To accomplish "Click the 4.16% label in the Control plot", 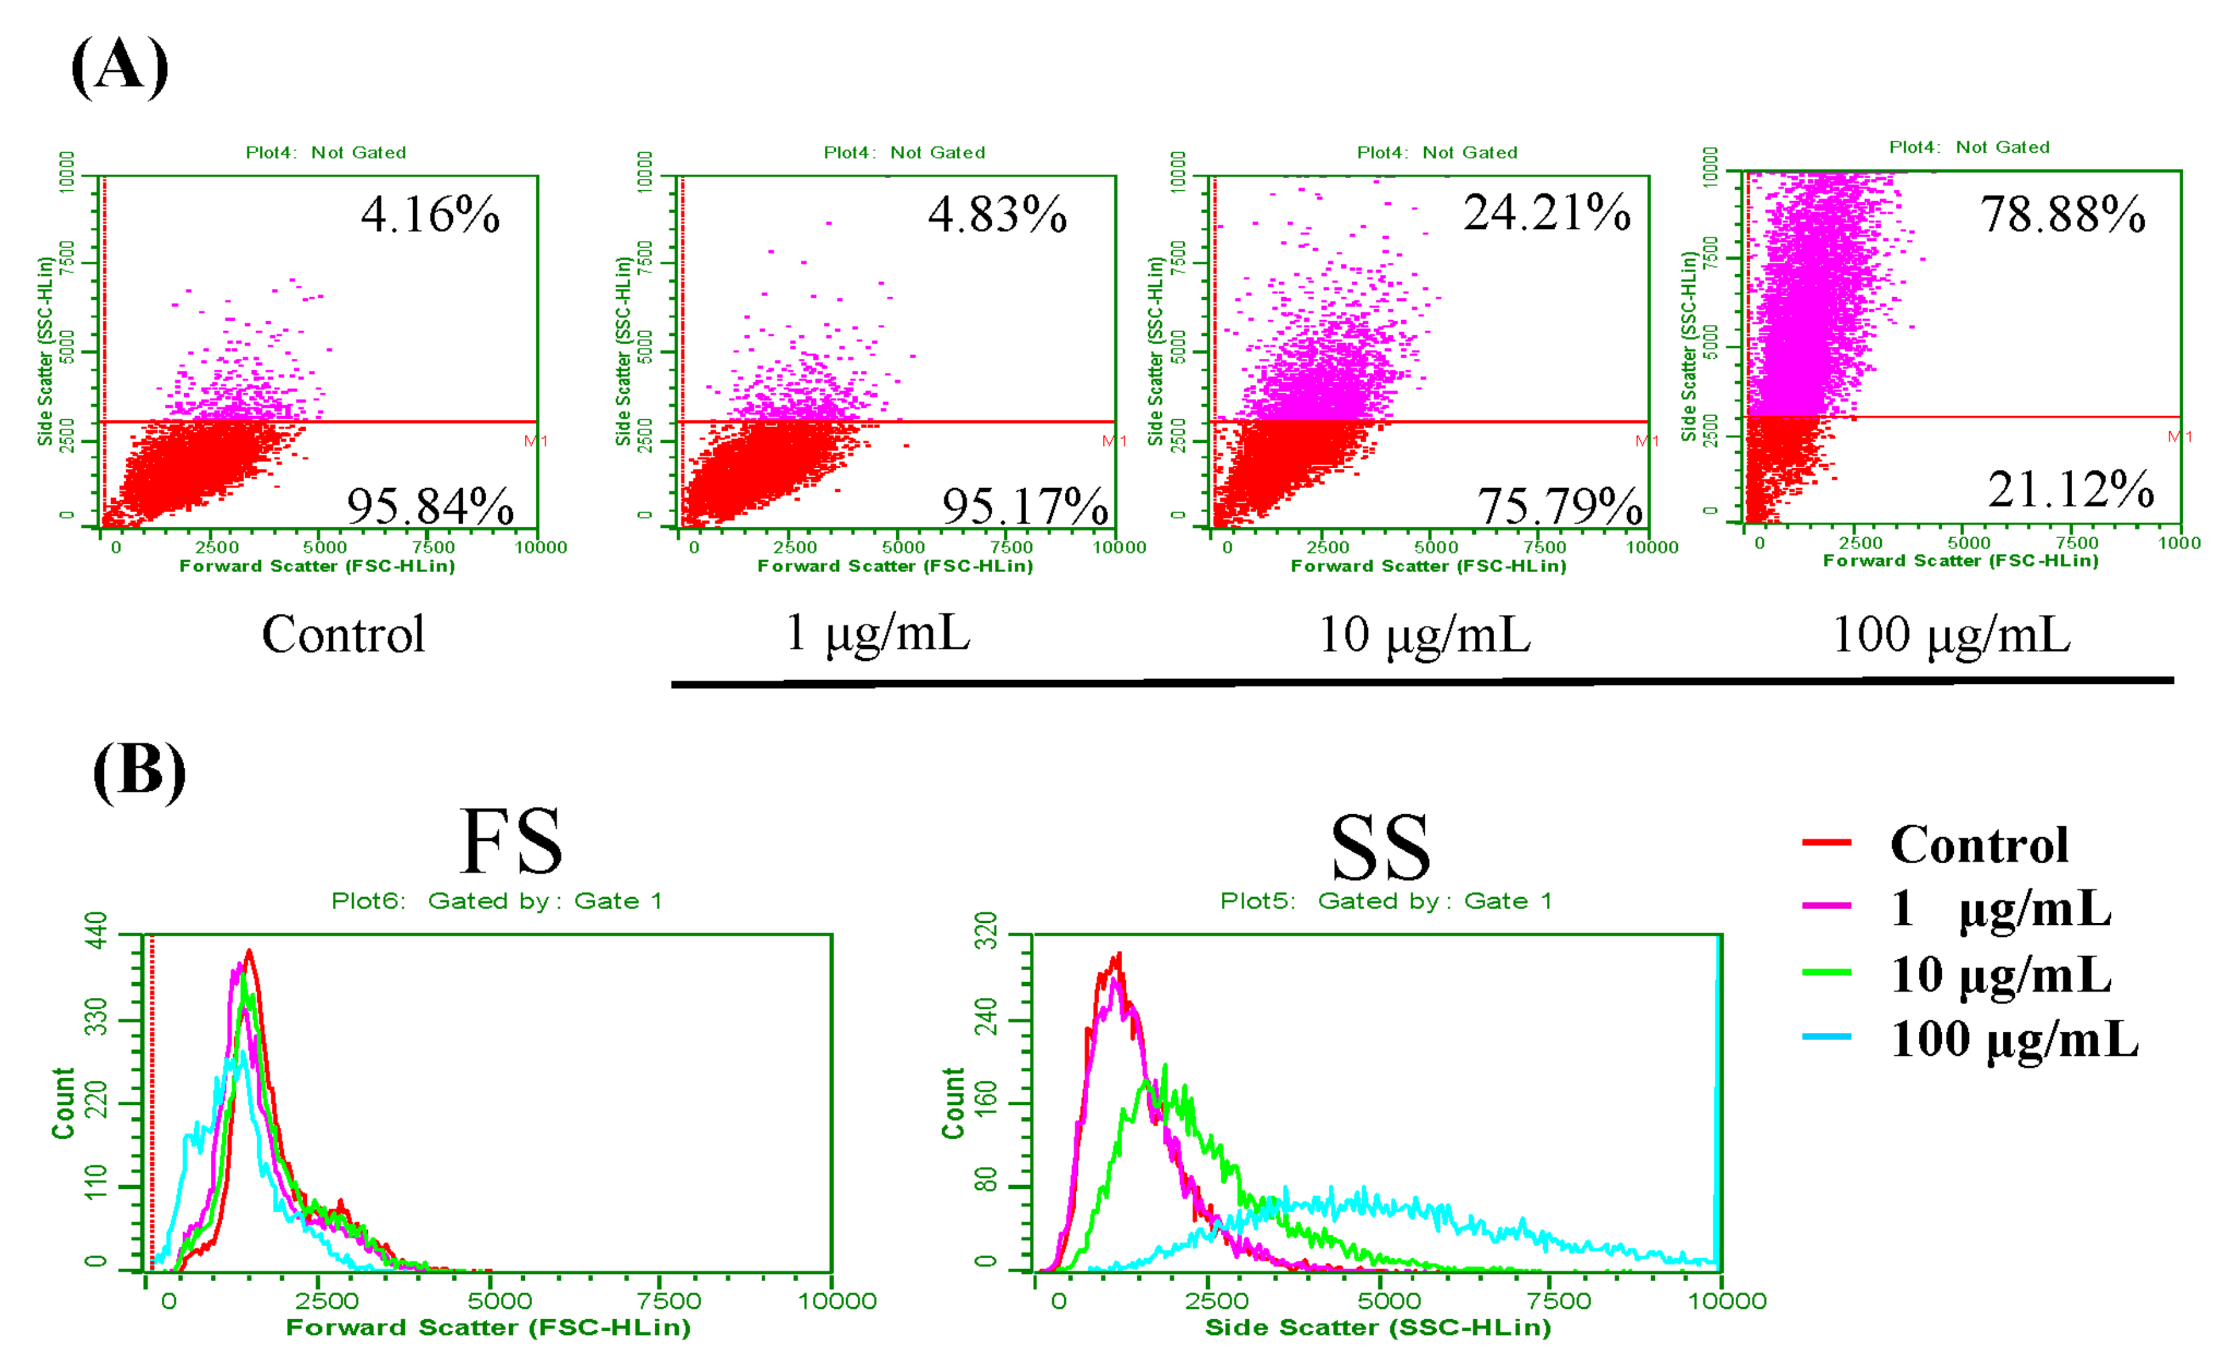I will tap(429, 216).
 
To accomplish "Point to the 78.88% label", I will tap(2062, 215).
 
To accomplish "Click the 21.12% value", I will tap(2070, 490).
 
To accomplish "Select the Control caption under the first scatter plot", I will tap(342, 634).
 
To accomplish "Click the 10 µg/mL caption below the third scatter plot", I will tap(1424, 634).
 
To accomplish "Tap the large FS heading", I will tap(512, 842).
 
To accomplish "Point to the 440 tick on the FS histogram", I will tap(96, 930).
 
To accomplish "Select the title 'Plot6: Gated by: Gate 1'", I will tap(496, 901).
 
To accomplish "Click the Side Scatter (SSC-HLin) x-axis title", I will tap(1377, 1328).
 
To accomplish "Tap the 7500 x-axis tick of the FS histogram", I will tap(669, 1301).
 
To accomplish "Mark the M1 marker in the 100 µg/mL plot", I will tap(2179, 437).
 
